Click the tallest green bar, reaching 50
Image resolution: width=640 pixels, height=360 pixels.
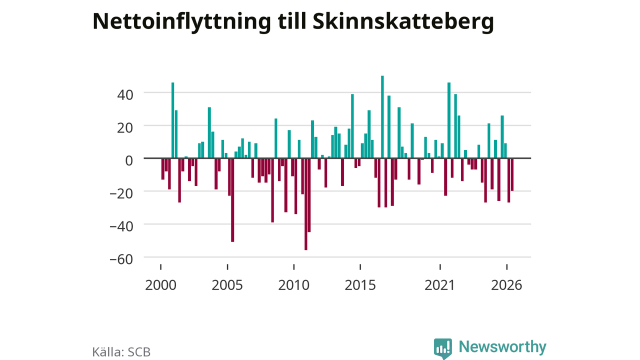click(382, 117)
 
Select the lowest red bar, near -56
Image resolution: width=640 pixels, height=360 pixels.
click(305, 204)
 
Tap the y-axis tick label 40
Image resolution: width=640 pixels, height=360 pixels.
click(125, 95)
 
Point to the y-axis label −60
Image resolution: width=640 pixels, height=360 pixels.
click(121, 259)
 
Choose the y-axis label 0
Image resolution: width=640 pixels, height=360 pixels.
click(129, 160)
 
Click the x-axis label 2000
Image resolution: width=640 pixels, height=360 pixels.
click(160, 285)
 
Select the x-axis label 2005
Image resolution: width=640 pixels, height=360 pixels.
click(227, 285)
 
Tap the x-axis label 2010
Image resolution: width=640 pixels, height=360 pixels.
click(293, 285)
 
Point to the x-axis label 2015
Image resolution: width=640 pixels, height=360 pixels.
click(360, 285)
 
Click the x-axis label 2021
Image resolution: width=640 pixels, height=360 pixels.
click(439, 285)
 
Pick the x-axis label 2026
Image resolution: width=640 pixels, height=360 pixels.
click(506, 285)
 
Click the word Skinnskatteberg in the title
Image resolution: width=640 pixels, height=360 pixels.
click(403, 21)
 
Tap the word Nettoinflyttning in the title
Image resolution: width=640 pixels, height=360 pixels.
click(181, 21)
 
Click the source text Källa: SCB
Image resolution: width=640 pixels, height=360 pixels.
click(121, 351)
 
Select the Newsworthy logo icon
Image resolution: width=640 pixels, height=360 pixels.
click(443, 348)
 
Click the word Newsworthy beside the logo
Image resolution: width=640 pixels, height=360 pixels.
click(502, 347)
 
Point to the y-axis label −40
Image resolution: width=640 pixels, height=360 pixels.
click(121, 226)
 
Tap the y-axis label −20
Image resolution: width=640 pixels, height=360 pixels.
click(121, 193)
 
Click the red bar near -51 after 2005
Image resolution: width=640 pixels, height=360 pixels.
click(232, 200)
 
